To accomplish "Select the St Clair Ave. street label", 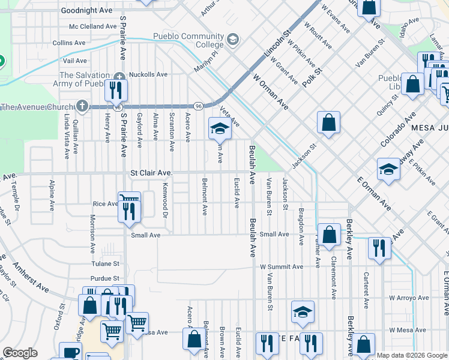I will point(152,173).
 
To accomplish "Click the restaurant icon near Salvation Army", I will point(116,90).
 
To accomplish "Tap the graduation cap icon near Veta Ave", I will point(220,128).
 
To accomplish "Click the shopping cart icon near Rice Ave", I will point(129,199).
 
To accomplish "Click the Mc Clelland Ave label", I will point(92,26).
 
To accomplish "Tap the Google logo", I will point(20,353).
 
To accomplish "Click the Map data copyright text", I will point(411,355).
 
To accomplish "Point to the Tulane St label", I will point(105,263).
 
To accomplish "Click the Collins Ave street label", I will point(69,43).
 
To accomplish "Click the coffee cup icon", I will point(70,353).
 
